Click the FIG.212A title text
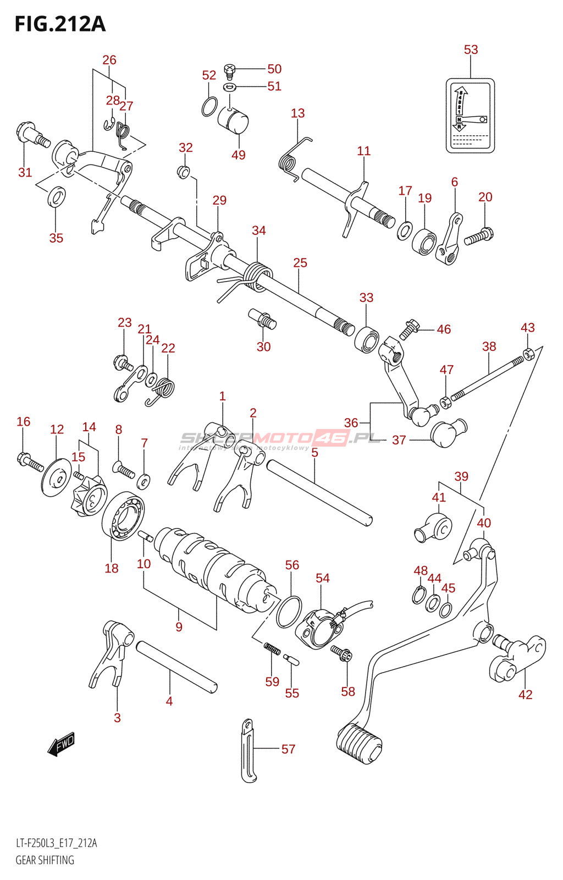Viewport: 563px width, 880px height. pyautogui.click(x=60, y=24)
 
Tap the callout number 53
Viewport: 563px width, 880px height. pyautogui.click(x=471, y=50)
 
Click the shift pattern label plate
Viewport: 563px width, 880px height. pyautogui.click(x=470, y=115)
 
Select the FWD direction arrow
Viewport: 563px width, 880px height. pyautogui.click(x=61, y=744)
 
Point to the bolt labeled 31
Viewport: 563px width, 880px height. pyautogui.click(x=32, y=134)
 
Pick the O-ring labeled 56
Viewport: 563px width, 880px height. pyautogui.click(x=289, y=612)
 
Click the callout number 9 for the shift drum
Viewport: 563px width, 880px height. pyautogui.click(x=179, y=626)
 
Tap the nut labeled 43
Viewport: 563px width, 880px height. pyautogui.click(x=528, y=353)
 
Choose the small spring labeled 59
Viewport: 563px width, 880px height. pyautogui.click(x=272, y=649)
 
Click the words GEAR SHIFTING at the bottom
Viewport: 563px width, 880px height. pyautogui.click(x=45, y=860)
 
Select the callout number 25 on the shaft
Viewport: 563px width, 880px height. pyautogui.click(x=300, y=263)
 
